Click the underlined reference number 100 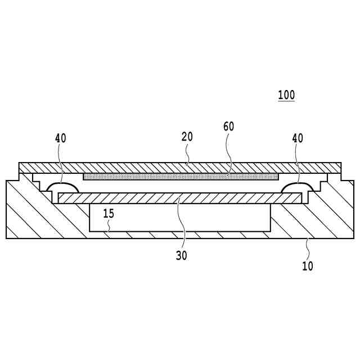[286, 95]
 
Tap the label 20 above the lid [187, 137]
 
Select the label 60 [228, 126]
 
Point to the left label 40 [61, 138]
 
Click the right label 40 [298, 138]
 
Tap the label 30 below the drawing [181, 255]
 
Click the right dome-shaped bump [298, 187]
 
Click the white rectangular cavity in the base [180, 218]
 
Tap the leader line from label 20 [187, 153]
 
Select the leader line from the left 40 [61, 163]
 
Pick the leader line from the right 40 [298, 163]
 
